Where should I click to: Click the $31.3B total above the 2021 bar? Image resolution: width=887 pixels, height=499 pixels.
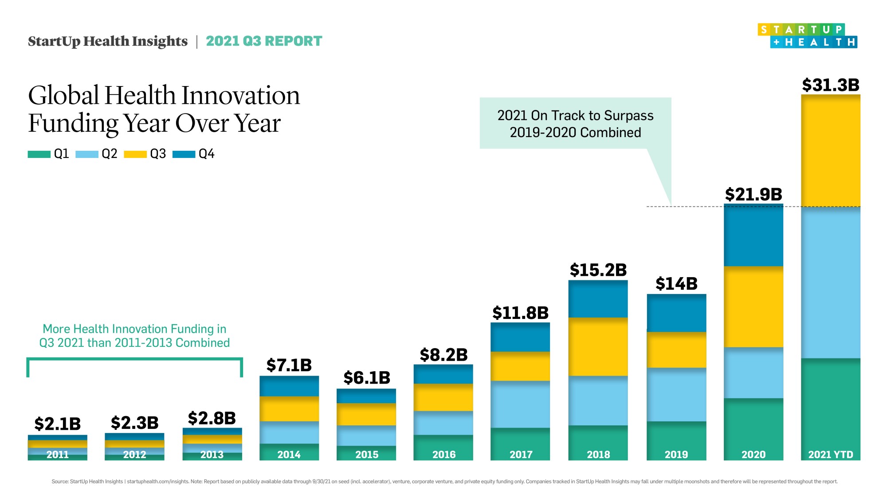[x=830, y=85]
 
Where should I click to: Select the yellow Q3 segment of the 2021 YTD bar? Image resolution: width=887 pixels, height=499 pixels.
[x=830, y=151]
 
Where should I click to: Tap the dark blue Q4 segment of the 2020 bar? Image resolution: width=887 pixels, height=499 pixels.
[x=753, y=235]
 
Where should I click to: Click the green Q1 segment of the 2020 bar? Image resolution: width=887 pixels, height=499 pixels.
[x=753, y=426]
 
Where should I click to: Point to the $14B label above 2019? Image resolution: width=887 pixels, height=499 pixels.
[x=676, y=284]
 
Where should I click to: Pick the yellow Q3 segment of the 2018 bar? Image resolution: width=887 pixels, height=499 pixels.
[x=598, y=347]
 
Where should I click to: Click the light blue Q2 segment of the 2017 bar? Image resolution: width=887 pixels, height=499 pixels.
[x=520, y=404]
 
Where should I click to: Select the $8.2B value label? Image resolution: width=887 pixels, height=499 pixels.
[x=443, y=355]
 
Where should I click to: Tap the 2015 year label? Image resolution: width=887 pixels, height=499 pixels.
[x=366, y=455]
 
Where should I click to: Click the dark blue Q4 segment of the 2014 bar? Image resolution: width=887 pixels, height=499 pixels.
[x=289, y=386]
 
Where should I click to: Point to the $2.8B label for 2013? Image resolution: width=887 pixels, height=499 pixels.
[x=212, y=418]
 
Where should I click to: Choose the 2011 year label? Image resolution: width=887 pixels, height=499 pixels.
[x=58, y=455]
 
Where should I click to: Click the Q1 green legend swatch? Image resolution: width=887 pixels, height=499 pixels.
[x=39, y=154]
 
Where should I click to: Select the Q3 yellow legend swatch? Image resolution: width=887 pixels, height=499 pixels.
[x=135, y=154]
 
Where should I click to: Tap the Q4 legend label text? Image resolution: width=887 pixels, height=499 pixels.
[x=206, y=154]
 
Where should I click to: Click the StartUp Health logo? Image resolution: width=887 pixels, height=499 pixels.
[x=807, y=36]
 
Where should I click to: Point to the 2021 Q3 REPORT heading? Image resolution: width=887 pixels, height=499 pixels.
[x=264, y=41]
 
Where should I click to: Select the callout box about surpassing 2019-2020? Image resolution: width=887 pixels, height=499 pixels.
[x=575, y=124]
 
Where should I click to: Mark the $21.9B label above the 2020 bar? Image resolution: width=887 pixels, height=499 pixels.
[x=753, y=194]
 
